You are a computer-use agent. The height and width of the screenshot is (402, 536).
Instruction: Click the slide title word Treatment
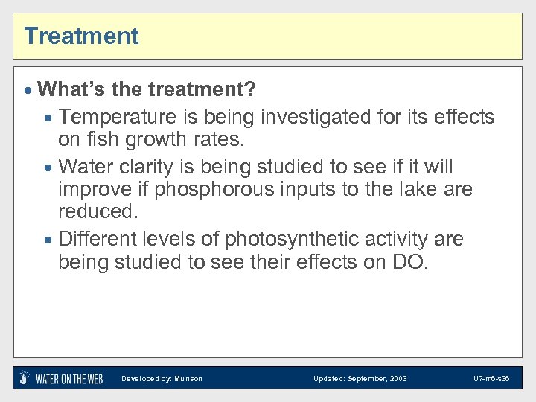[x=81, y=36]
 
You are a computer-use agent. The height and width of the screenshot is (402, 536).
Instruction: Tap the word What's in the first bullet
[x=71, y=90]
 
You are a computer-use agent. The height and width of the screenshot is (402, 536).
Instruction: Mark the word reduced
[x=98, y=211]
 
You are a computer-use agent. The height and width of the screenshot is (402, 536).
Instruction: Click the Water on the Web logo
[x=62, y=378]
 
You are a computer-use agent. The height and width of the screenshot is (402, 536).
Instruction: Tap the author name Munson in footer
[x=188, y=379]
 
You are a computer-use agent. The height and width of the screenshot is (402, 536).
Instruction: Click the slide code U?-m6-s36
[x=491, y=379]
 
